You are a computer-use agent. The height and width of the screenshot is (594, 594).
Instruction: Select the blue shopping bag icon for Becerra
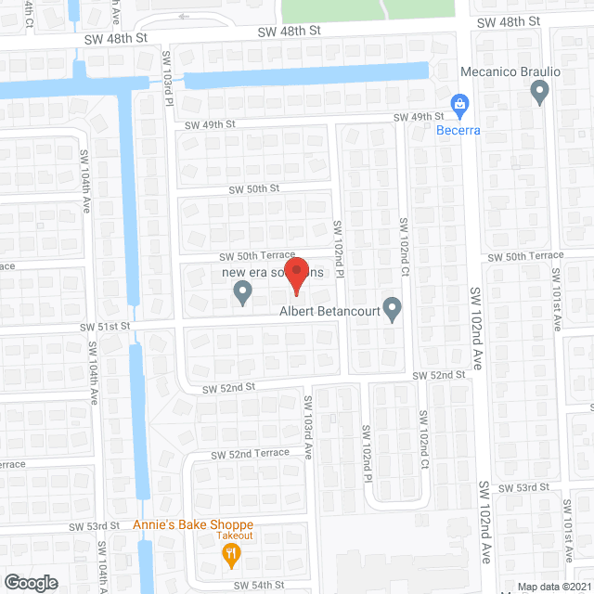point(458,105)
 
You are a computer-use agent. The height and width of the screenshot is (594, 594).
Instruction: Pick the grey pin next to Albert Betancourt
point(393,308)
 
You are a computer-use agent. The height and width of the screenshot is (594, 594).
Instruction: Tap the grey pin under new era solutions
point(242,293)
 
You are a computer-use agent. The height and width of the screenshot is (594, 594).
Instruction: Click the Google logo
point(30,582)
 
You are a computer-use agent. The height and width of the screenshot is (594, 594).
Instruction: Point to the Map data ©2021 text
point(553,587)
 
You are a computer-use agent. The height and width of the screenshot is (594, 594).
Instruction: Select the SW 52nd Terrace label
point(250,454)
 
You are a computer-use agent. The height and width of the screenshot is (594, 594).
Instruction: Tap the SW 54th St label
point(259,585)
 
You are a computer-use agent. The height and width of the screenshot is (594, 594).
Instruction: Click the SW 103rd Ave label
point(307,423)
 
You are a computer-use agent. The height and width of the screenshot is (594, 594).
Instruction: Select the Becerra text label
point(458,130)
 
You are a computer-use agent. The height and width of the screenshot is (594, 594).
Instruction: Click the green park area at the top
point(368,10)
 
